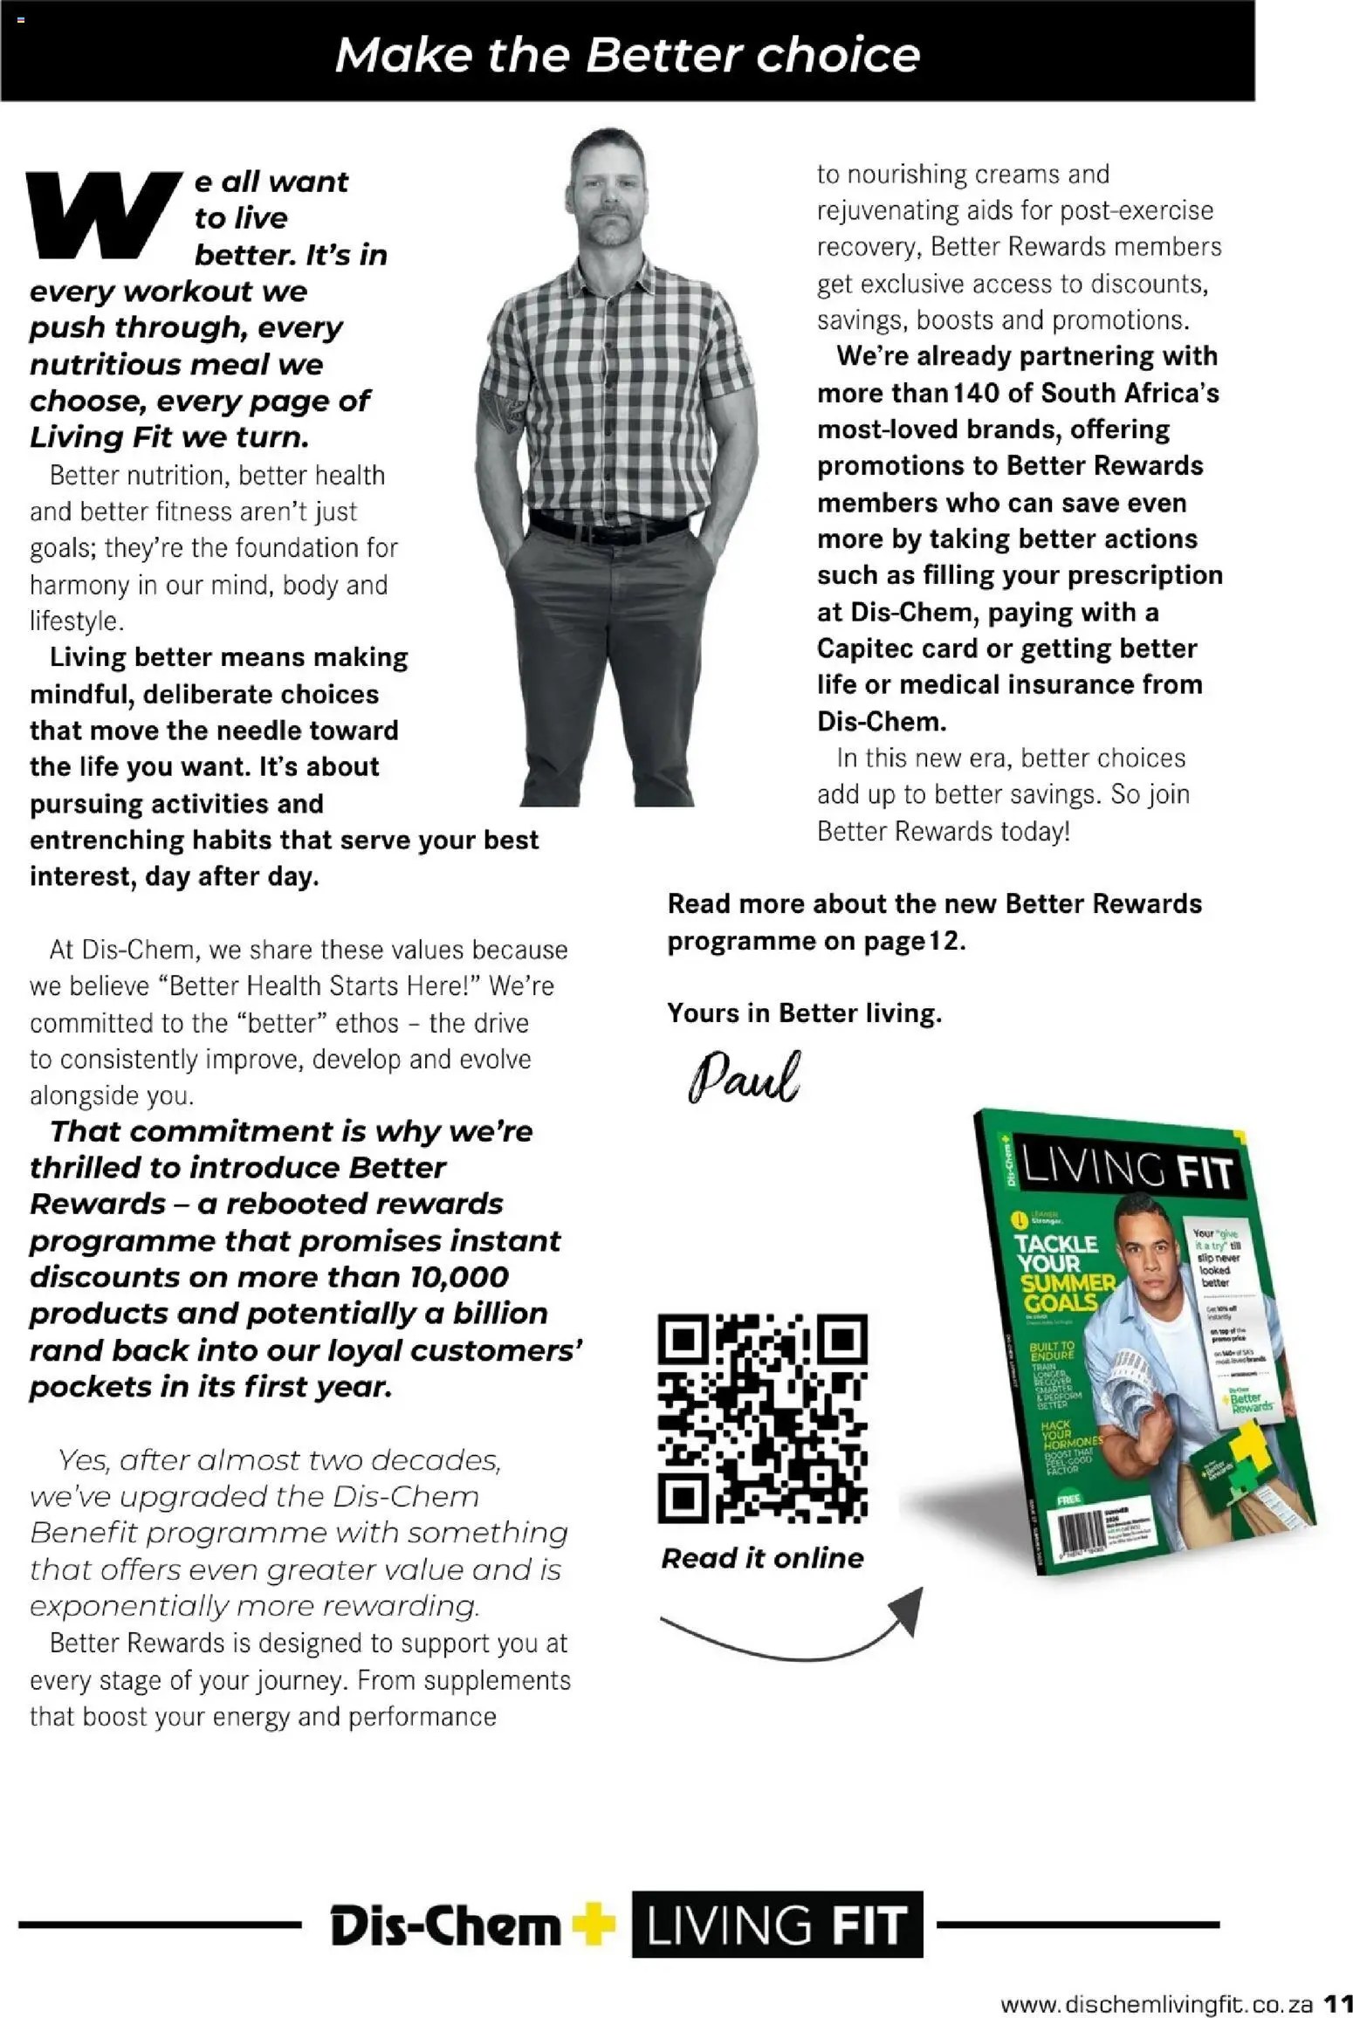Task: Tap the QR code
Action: (762, 1418)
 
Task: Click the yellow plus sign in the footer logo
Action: (594, 1923)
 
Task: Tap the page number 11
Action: (1336, 2002)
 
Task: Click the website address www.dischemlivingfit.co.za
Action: (1156, 2002)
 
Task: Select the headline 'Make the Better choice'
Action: (627, 54)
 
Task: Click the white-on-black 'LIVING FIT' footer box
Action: (776, 1924)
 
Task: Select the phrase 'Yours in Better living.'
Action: (804, 1012)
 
